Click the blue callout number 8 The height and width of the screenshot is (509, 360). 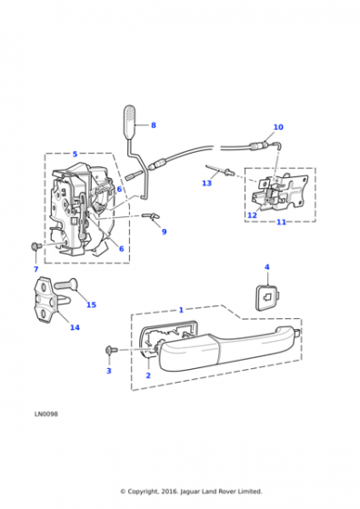154,125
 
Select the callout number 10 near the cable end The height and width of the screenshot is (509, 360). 278,127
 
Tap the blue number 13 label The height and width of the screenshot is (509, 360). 206,184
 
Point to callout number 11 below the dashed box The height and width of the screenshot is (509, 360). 282,222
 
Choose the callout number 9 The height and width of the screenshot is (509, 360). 164,232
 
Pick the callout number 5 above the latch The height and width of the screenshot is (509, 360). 75,154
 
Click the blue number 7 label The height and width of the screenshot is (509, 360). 35,269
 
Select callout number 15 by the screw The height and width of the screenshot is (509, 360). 91,304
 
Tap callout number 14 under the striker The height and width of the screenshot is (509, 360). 75,327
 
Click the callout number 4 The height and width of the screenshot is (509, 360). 267,267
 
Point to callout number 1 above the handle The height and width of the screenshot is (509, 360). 181,310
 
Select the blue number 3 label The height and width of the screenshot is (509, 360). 109,371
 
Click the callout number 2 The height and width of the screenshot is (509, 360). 148,375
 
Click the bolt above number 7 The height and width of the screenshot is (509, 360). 35,246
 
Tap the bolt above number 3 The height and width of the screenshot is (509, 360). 110,350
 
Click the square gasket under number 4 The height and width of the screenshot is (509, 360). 268,296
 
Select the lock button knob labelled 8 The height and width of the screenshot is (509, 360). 129,122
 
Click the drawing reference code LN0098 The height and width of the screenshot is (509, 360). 46,414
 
